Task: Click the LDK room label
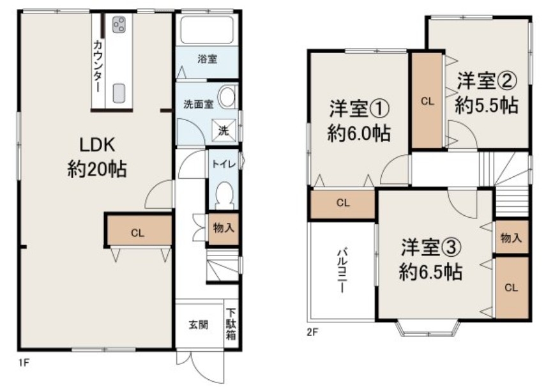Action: (x=97, y=145)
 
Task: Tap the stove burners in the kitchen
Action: (x=119, y=25)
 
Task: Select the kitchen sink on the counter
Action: (x=119, y=93)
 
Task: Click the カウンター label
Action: (x=98, y=66)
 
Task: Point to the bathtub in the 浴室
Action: (x=207, y=29)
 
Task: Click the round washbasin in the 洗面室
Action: (x=228, y=96)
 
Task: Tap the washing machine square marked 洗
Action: (x=224, y=130)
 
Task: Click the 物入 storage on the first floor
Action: (x=224, y=229)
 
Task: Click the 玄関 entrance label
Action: (x=199, y=324)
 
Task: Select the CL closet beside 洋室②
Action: (x=427, y=101)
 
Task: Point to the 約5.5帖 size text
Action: (x=487, y=105)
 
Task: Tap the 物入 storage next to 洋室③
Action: (x=512, y=238)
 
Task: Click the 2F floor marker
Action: (x=312, y=332)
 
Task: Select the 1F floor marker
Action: (x=24, y=363)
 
